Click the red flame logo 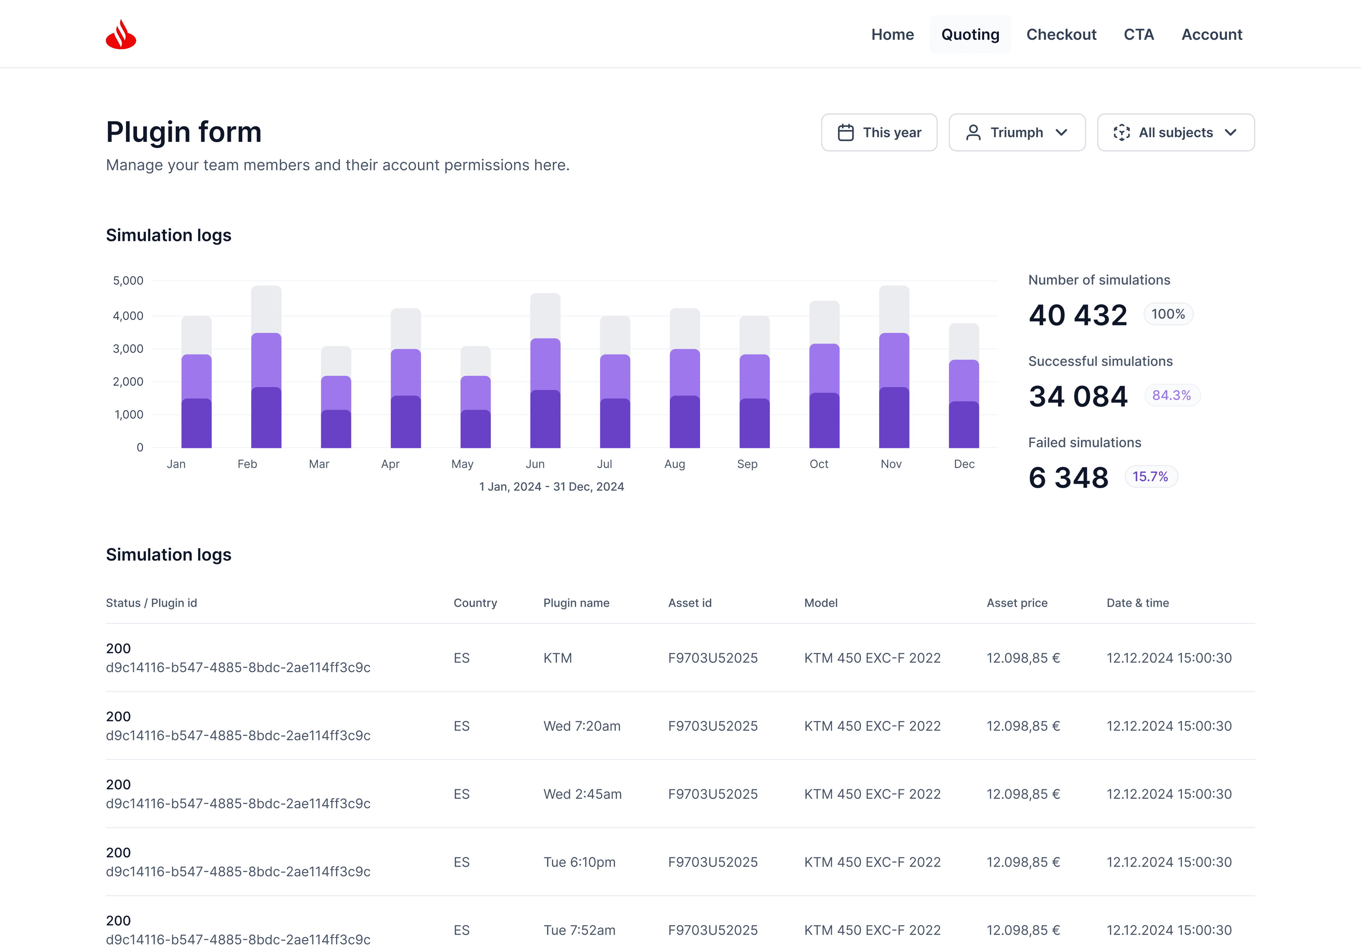point(121,34)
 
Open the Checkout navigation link point(1061,34)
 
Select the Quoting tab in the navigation point(970,34)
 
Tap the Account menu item point(1211,34)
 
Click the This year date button point(879,132)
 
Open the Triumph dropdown point(1017,132)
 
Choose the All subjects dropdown point(1176,132)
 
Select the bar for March point(336,397)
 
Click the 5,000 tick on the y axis point(128,280)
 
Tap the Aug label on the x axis point(675,464)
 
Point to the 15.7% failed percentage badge point(1150,477)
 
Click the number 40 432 point(1078,315)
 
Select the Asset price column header point(1017,603)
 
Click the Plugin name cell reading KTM point(558,658)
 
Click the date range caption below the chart point(551,487)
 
